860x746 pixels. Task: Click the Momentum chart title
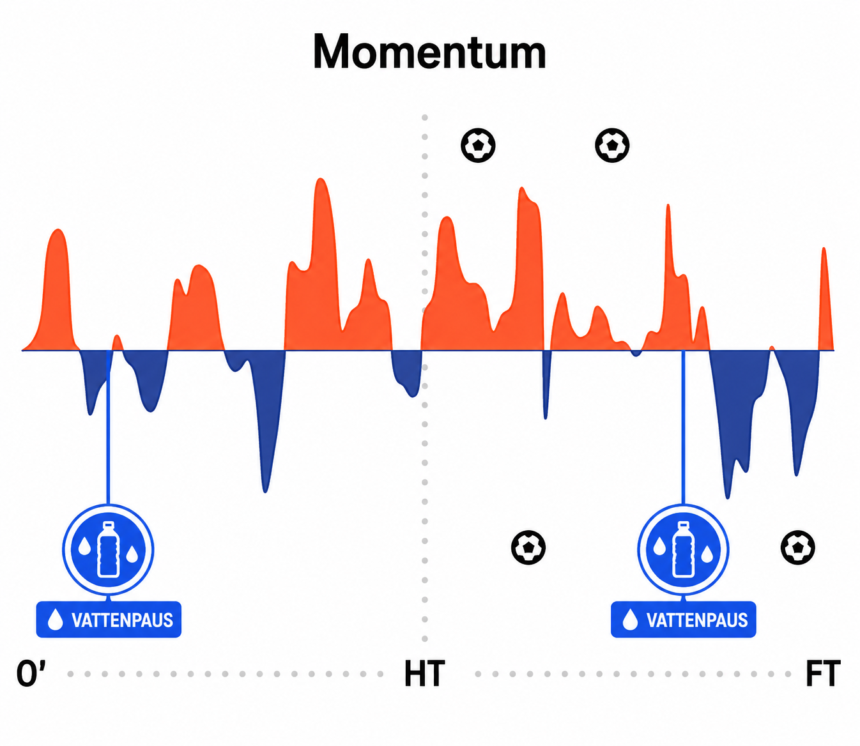coord(429,52)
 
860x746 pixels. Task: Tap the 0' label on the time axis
coord(31,673)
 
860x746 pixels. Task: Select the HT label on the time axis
coord(424,673)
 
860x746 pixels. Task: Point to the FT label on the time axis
coord(823,673)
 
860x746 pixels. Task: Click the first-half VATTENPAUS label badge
coord(109,620)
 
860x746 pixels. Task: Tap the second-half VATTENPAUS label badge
coord(684,620)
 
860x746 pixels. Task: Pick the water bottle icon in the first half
coord(109,549)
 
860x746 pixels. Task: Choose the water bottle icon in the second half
coord(684,549)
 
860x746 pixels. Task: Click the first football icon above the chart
coord(478,146)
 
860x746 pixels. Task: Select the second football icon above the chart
coord(612,146)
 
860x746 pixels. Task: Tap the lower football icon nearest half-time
coord(528,547)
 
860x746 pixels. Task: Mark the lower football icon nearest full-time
coord(798,547)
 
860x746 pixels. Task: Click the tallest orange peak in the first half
coord(321,179)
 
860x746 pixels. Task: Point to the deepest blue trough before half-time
coord(265,491)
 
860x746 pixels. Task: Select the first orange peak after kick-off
coord(58,230)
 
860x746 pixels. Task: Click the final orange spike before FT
coord(824,248)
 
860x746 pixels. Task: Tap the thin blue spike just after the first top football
coord(546,418)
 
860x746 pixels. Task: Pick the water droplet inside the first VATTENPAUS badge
coord(55,620)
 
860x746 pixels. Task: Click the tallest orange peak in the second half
coord(522,188)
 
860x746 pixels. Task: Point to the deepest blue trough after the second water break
coord(728,498)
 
